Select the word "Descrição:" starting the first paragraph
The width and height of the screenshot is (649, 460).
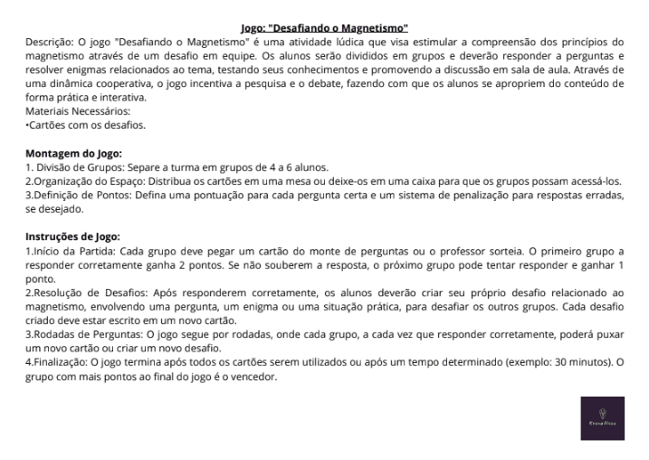coord(51,42)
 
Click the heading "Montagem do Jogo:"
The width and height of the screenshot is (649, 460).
coord(74,153)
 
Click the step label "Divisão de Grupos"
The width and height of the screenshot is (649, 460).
coord(78,168)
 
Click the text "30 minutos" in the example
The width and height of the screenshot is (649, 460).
coord(578,362)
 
